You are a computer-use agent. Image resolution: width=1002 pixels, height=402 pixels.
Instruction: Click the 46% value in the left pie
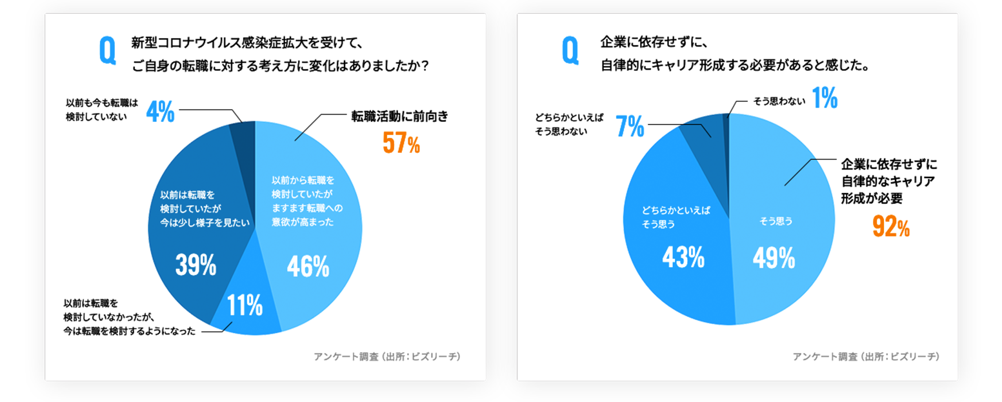(308, 266)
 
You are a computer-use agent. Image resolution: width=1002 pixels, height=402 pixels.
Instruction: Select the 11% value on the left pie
(245, 305)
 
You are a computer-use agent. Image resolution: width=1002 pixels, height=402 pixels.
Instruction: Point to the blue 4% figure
(160, 112)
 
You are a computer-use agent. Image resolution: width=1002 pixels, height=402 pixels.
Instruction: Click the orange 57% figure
(401, 144)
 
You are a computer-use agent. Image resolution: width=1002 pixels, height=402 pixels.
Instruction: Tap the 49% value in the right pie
(774, 259)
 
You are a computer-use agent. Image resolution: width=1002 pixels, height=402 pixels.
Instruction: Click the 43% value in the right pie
(683, 259)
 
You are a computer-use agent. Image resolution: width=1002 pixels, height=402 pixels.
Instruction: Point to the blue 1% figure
(825, 99)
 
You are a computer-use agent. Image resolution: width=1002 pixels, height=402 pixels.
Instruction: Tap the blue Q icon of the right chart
(571, 51)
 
